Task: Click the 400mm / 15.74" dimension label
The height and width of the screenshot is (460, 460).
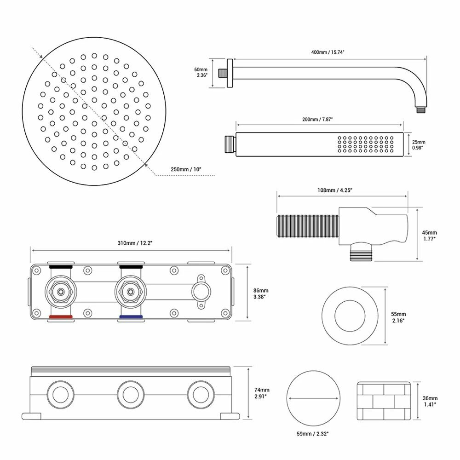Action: (x=328, y=52)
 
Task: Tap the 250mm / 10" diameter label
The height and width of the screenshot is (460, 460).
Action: (x=186, y=169)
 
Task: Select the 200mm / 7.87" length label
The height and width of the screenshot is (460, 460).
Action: (x=317, y=120)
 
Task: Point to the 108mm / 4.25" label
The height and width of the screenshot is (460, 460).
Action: (x=335, y=190)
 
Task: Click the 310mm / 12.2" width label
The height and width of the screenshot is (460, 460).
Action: (x=135, y=243)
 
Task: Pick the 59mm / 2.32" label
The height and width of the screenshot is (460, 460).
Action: (x=313, y=434)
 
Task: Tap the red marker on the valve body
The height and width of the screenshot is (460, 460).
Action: (x=61, y=317)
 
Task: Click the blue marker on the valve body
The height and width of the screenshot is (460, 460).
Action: (x=131, y=317)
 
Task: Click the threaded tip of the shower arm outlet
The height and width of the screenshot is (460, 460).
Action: (x=421, y=110)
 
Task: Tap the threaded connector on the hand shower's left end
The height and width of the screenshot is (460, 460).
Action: (x=230, y=144)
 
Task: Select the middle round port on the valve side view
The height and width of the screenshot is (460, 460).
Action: (x=131, y=395)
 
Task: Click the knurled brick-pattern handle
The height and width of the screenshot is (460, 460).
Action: (x=384, y=401)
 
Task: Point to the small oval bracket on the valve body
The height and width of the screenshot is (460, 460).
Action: (x=201, y=292)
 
